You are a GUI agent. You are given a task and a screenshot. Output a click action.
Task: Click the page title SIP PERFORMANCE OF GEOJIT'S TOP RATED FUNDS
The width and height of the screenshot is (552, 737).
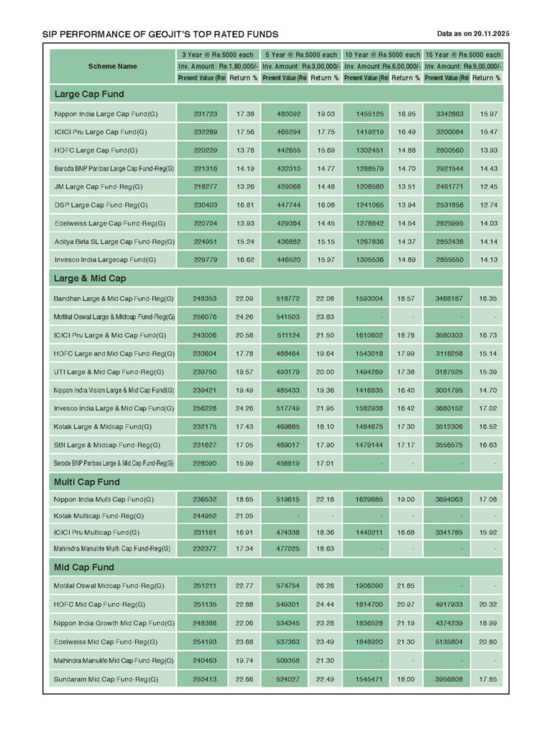coord(160,35)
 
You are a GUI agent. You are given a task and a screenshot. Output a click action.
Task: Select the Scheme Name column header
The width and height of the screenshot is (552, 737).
coord(112,66)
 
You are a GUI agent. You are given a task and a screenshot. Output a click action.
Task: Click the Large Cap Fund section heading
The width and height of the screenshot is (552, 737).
coord(88,94)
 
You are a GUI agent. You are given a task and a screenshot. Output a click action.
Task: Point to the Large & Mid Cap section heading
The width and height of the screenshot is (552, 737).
coord(90,278)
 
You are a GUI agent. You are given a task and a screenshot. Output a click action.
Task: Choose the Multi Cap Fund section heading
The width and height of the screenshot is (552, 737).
coord(86,481)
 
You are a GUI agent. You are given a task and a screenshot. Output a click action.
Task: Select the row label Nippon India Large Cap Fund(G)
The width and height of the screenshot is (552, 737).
coord(105,114)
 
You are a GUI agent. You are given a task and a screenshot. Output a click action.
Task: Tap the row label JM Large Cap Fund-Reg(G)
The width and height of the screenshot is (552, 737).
coord(98,186)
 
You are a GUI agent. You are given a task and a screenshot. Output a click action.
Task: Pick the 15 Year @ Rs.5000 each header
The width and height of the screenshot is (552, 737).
coord(462,55)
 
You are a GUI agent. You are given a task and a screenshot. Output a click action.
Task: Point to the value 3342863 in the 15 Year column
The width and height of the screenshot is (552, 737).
coord(446,114)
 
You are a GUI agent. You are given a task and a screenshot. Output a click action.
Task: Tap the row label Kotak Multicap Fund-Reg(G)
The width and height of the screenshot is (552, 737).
coord(98,516)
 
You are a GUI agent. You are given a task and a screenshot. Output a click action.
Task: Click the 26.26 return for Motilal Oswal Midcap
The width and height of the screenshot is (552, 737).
coord(326,586)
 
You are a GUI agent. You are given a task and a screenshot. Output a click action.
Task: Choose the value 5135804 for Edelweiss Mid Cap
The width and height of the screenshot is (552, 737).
coord(446,641)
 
